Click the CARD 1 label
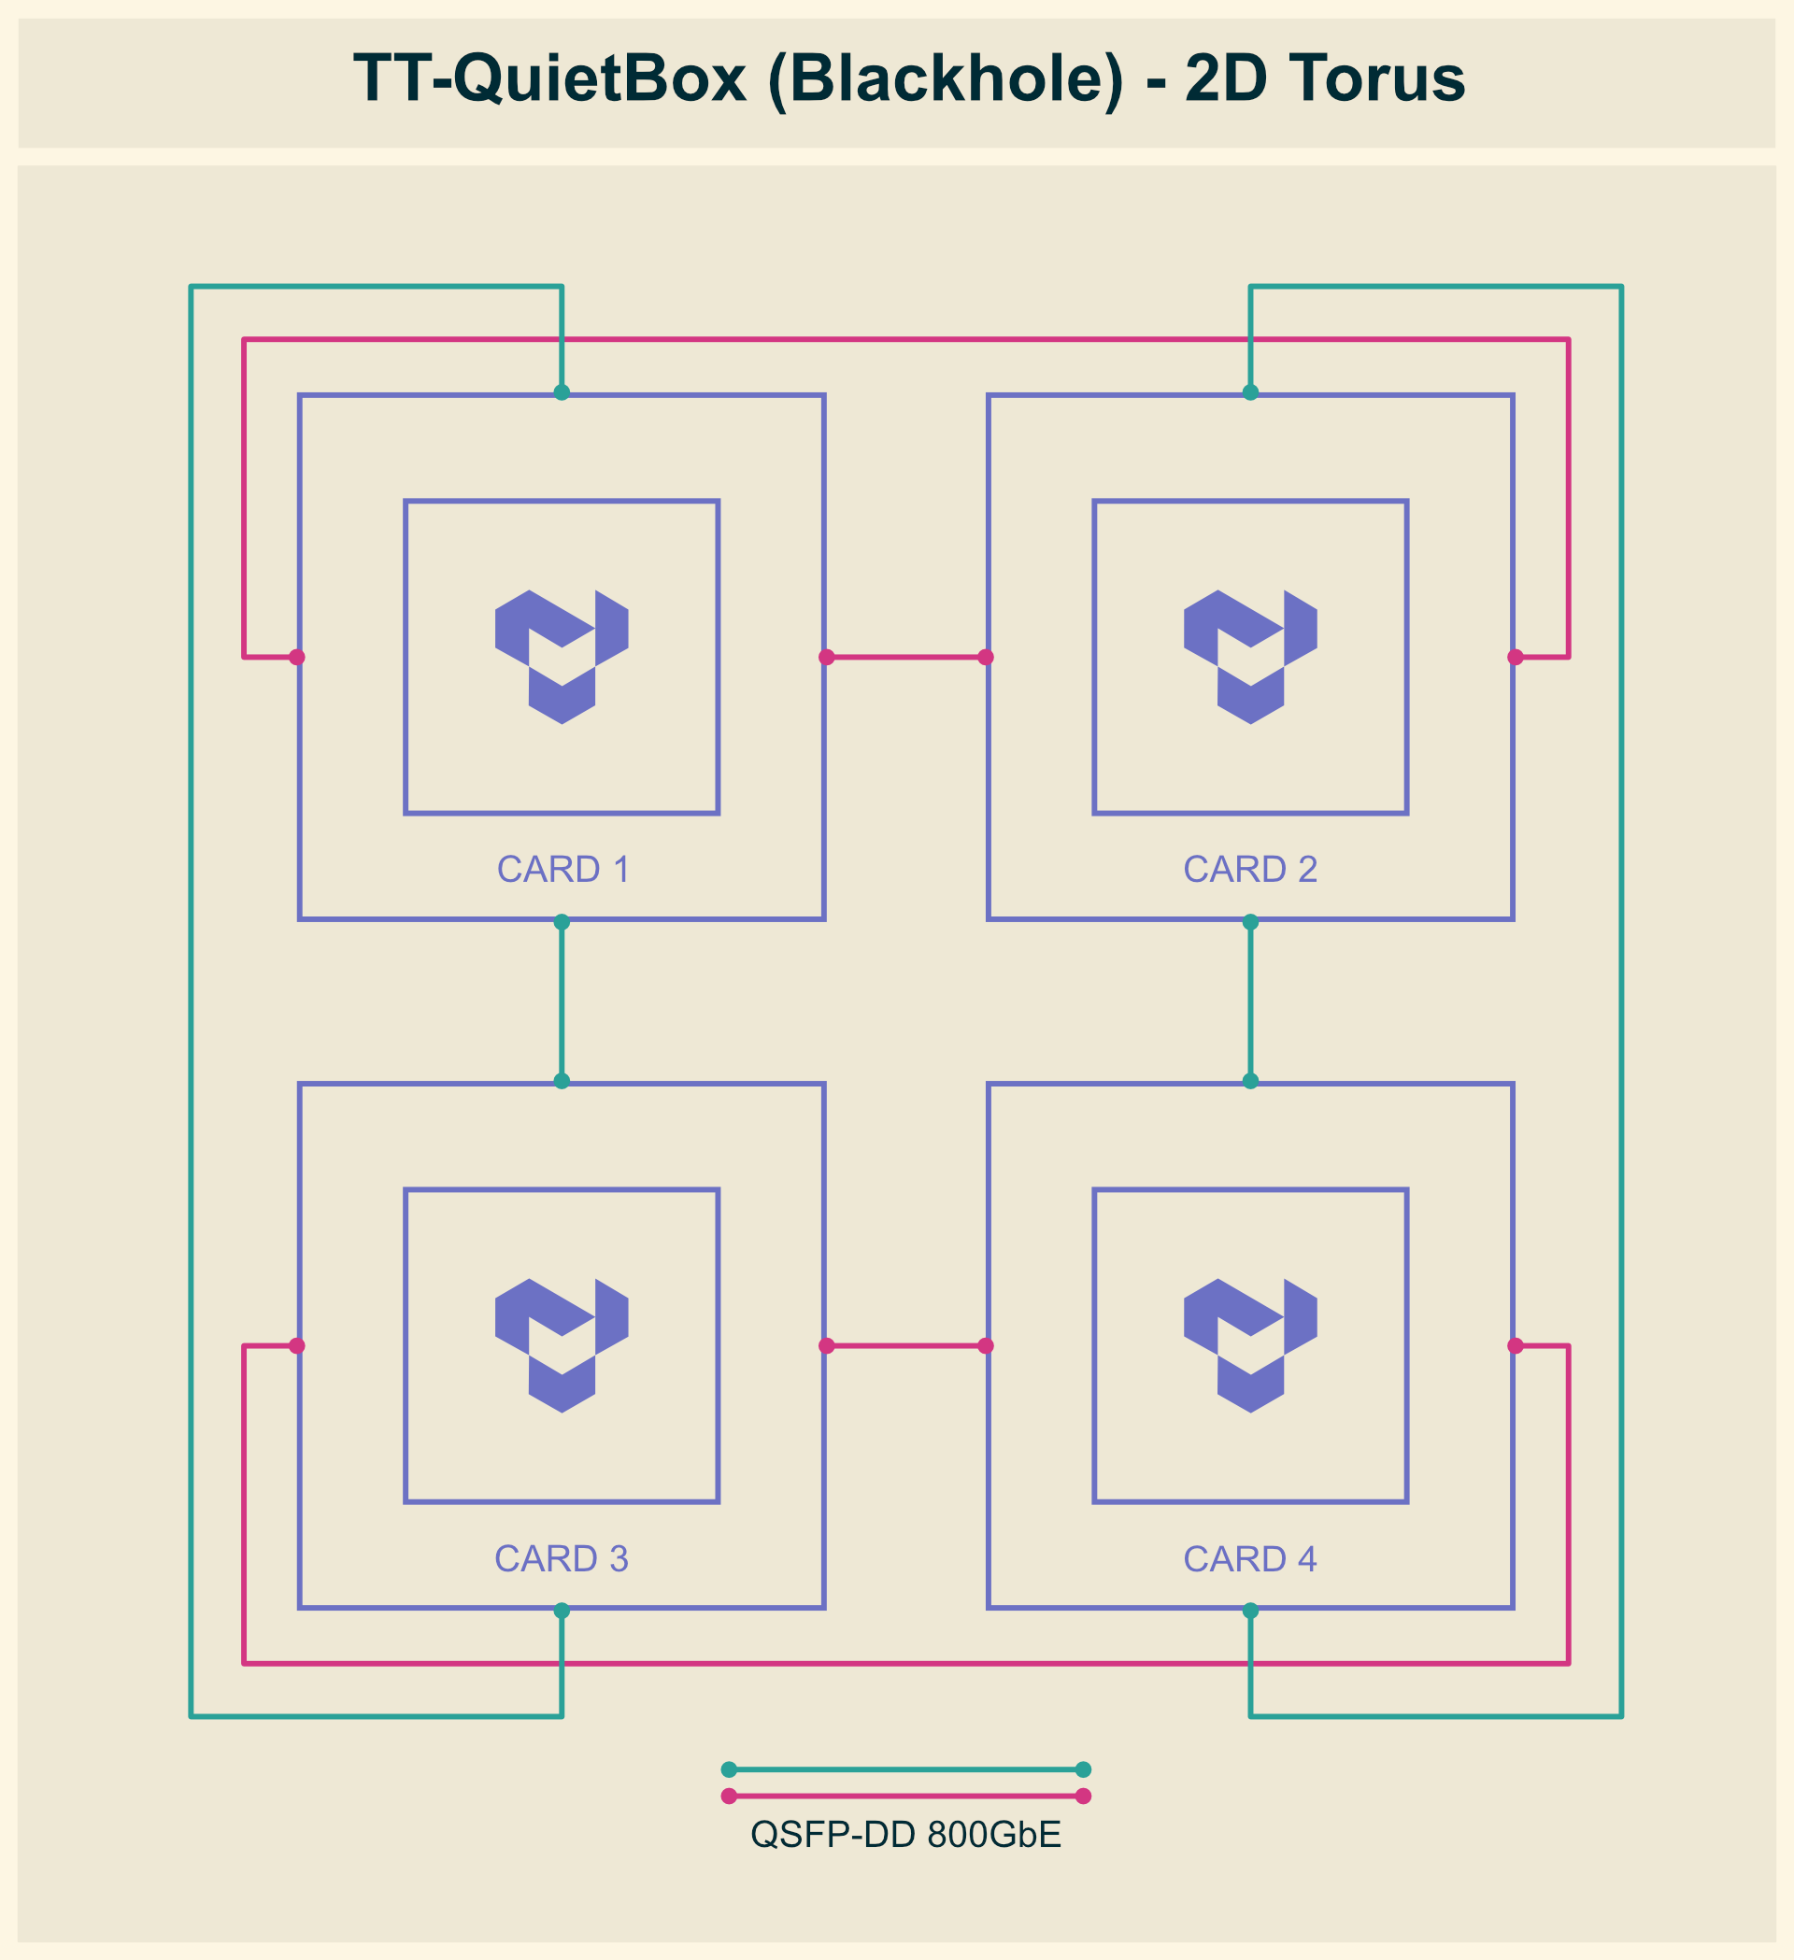563,869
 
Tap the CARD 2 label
1250,869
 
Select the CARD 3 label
562,1558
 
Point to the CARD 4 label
1250,1558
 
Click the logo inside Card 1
562,657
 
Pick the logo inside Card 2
1250,657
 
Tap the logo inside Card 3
562,1345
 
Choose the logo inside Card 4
1250,1345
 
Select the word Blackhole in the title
946,79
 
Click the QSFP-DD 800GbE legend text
905,1835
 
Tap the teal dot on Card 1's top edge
562,392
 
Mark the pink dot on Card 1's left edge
297,657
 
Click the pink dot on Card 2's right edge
1515,657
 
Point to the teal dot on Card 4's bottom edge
1250,1611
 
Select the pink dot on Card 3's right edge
827,1345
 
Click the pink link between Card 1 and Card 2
906,657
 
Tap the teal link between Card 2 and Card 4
1250,1001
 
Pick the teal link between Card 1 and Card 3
562,1001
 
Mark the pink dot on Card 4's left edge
986,1345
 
